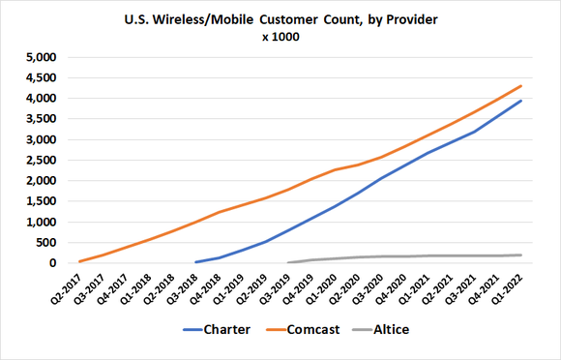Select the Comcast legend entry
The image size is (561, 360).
pos(307,328)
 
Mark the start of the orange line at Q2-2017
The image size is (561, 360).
pos(79,261)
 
